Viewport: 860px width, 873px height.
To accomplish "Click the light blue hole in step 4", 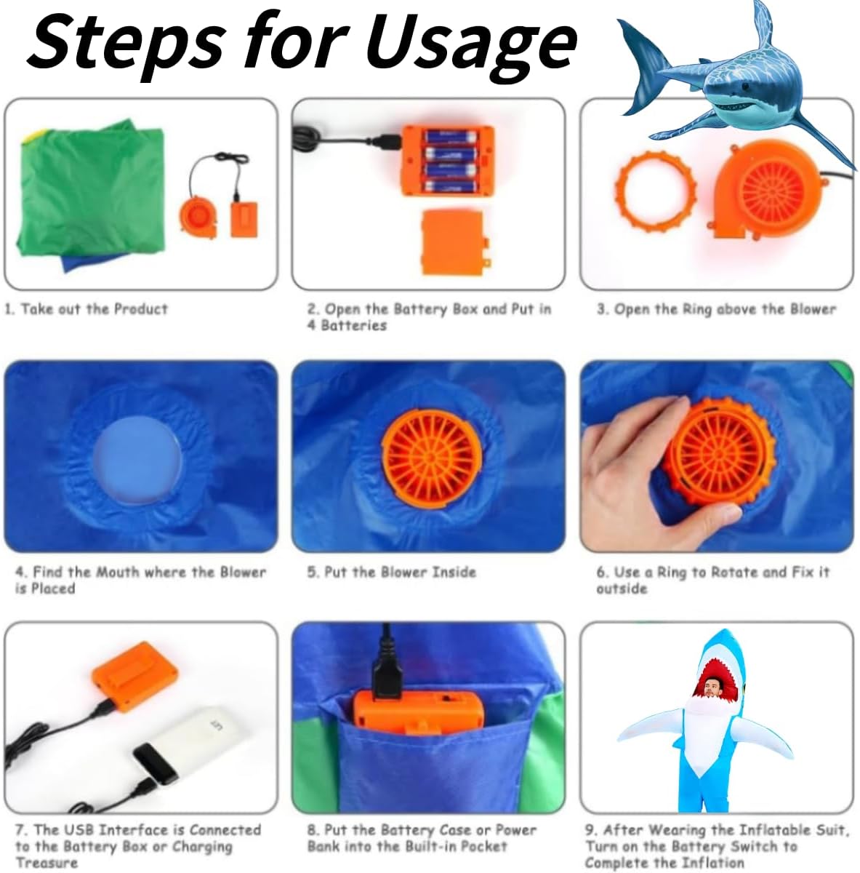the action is (138, 461).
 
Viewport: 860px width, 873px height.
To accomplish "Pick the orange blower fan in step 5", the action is (430, 458).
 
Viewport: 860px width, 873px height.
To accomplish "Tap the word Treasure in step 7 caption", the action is (47, 862).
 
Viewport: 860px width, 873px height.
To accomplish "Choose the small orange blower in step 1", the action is (199, 218).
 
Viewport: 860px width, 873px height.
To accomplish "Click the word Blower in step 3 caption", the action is (813, 309).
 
